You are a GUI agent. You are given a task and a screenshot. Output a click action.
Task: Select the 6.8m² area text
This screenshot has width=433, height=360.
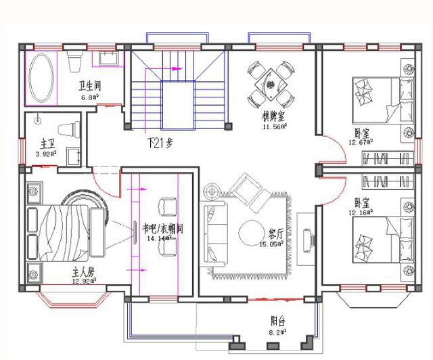[90, 97]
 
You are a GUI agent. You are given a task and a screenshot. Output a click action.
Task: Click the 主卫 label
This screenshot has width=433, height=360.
[47, 143]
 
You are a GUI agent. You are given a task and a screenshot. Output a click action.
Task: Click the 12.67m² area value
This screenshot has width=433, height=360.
[361, 143]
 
